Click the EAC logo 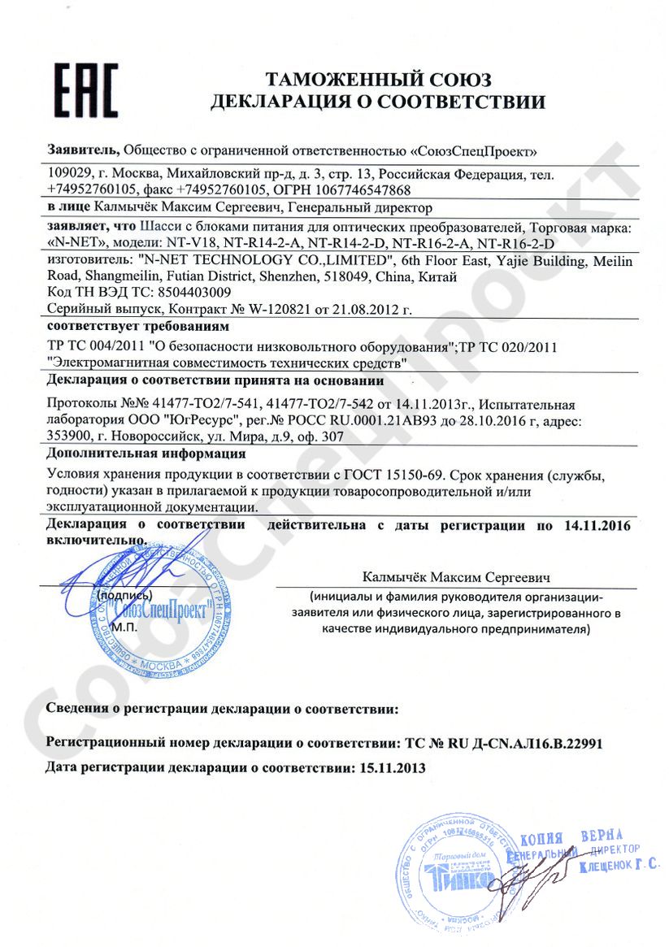tap(86, 90)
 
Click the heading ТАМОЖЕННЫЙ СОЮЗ tap(378, 80)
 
